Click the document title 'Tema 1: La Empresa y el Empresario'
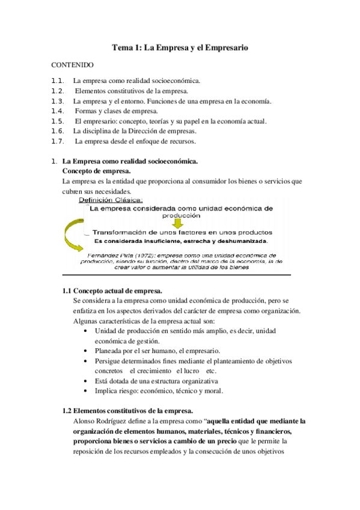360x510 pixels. coord(181,46)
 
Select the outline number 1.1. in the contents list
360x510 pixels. coord(58,80)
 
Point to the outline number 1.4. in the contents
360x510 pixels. coord(58,111)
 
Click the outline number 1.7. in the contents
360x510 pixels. coord(58,142)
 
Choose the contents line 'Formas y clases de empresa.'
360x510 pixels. coord(121,111)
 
